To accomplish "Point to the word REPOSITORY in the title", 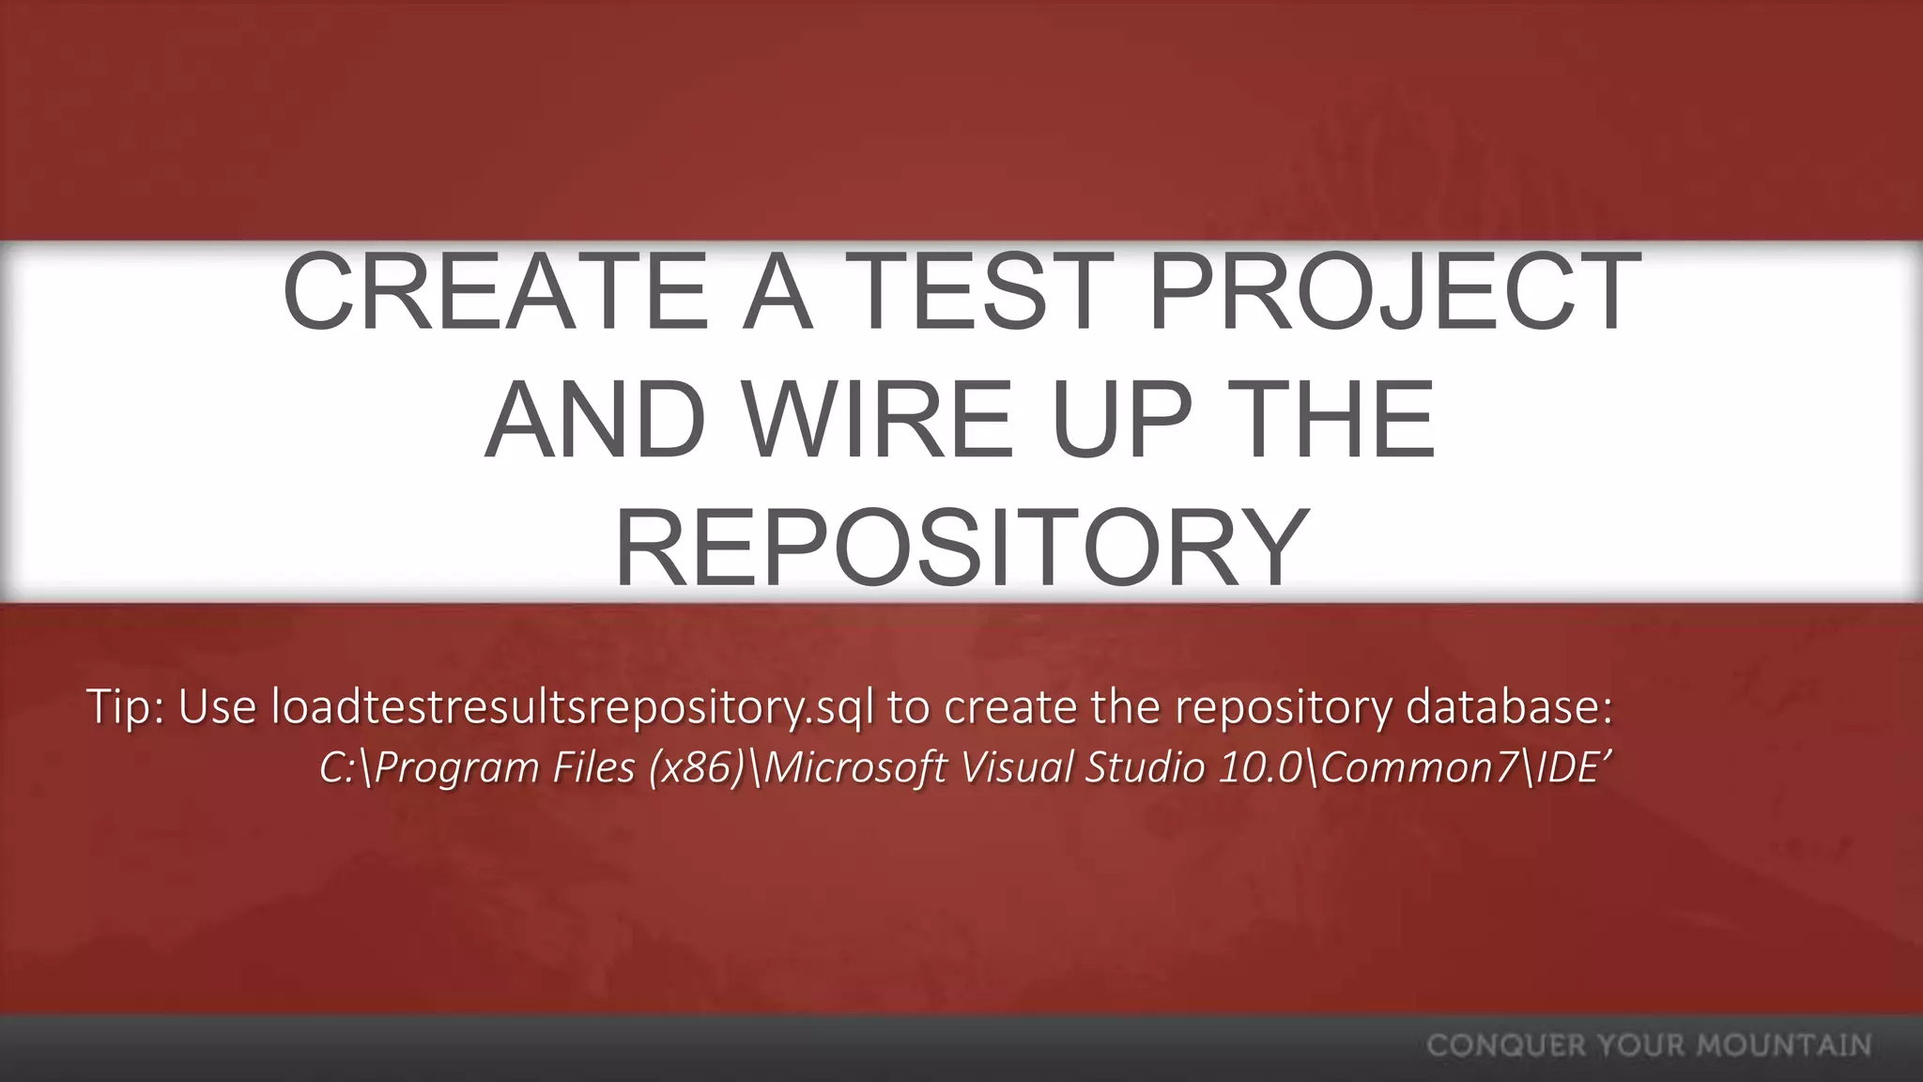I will [x=961, y=548].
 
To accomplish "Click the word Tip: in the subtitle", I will [x=125, y=706].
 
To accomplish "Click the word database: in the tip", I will [x=1509, y=706].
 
